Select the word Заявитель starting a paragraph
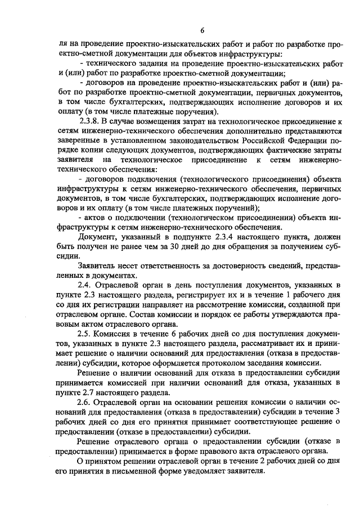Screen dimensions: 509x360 [x=99, y=266]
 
